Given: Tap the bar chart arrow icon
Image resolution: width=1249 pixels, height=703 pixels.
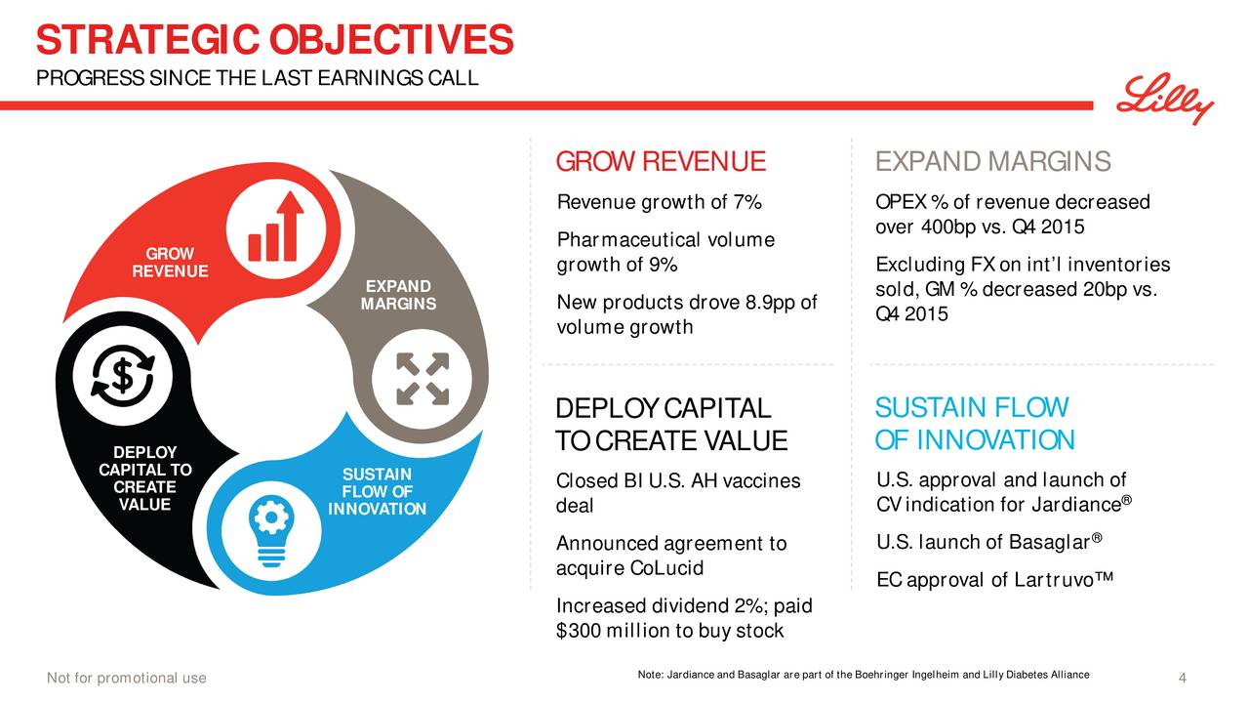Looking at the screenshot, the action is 276,227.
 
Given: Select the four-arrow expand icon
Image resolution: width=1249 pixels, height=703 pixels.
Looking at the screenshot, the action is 423,378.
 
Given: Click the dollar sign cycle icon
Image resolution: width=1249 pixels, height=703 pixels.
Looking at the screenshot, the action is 123,375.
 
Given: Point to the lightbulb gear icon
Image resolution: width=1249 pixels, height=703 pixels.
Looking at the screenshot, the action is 271,530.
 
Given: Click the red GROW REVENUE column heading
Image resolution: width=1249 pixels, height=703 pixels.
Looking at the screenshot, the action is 661,161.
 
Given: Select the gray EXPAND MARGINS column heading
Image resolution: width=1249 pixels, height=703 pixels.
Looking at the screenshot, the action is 993,161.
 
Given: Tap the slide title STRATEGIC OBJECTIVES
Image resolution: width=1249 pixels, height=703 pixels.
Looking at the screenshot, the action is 275,40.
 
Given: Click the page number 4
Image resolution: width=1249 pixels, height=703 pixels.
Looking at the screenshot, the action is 1182,678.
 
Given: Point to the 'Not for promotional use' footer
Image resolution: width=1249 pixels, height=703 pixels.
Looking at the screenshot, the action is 127,678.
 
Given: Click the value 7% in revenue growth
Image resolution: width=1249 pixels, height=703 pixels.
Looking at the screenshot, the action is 747,201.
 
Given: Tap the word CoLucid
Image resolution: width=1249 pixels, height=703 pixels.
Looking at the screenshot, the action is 666,568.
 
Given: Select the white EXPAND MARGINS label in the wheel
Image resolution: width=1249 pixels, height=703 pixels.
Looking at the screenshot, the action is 399,295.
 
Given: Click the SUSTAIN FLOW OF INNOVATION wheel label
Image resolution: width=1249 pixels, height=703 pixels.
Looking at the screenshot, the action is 377,491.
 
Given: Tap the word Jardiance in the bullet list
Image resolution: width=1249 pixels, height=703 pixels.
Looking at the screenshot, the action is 1076,505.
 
